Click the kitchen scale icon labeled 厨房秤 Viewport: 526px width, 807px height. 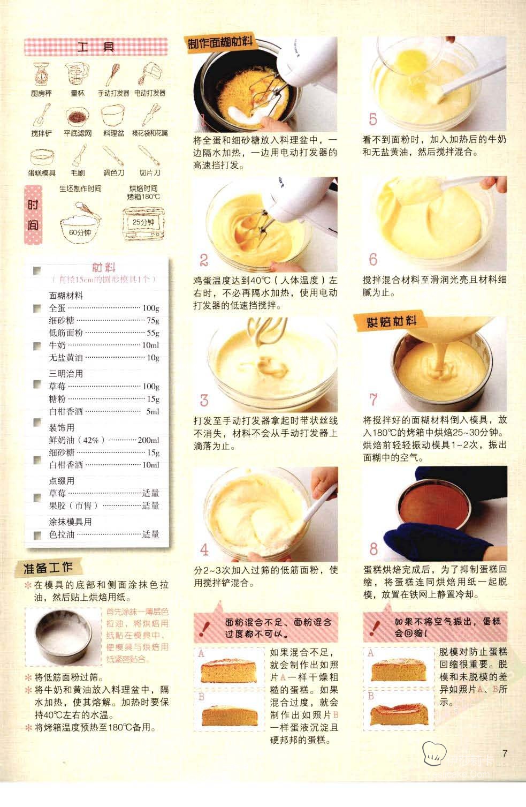click(41, 74)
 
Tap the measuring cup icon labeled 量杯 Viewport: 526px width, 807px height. click(78, 74)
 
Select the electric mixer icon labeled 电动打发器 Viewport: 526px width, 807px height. click(149, 74)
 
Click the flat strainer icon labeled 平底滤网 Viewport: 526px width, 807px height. click(78, 116)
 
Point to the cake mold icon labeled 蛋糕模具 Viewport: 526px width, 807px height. click(42, 157)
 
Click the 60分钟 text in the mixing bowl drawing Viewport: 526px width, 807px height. click(80, 233)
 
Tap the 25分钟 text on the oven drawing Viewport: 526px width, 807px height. click(143, 222)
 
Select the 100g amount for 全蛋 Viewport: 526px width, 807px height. click(151, 308)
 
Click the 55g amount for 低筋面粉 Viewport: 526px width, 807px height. click(153, 333)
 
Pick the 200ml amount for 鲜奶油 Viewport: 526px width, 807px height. click(148, 440)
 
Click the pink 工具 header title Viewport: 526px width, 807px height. click(96, 47)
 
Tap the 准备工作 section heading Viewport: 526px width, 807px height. click(48, 568)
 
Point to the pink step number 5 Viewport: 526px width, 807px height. click(373, 119)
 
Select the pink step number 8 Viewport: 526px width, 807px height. click(373, 549)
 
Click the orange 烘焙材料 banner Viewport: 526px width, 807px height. click(391, 322)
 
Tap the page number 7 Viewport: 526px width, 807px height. click(505, 753)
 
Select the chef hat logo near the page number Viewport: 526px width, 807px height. click(434, 753)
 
